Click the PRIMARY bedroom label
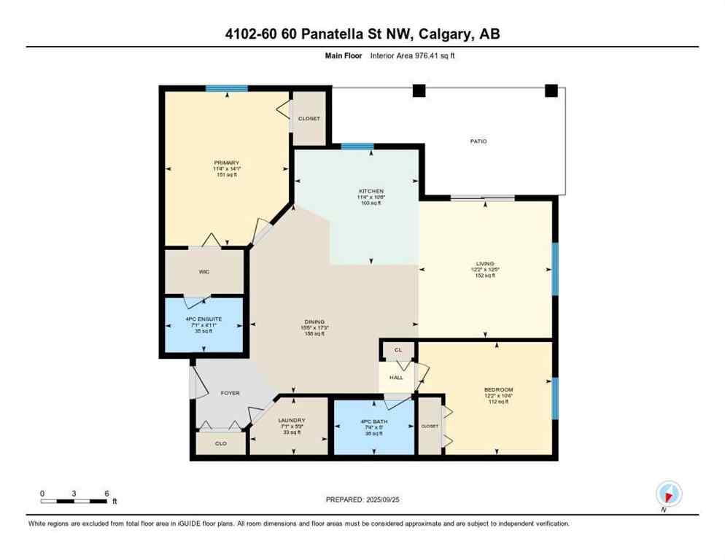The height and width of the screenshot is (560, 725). pyautogui.click(x=226, y=163)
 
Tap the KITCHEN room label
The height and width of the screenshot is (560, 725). pyautogui.click(x=371, y=191)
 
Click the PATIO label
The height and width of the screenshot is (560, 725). pyautogui.click(x=478, y=141)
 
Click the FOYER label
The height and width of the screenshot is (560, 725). pyautogui.click(x=230, y=393)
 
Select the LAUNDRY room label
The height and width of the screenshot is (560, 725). pyautogui.click(x=291, y=421)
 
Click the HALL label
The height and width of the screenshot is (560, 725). pyautogui.click(x=396, y=378)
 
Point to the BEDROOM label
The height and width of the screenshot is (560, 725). pyautogui.click(x=499, y=390)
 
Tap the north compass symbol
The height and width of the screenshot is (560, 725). pyautogui.click(x=668, y=494)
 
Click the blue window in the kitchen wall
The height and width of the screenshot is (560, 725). pyautogui.click(x=357, y=147)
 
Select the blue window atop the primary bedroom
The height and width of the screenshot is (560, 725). pyautogui.click(x=226, y=88)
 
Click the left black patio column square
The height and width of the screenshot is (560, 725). pyautogui.click(x=419, y=91)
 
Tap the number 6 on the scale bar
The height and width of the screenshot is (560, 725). pyautogui.click(x=106, y=493)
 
